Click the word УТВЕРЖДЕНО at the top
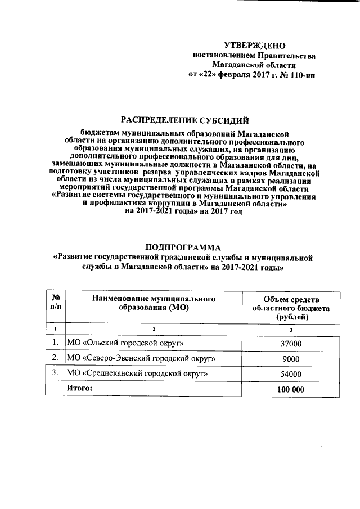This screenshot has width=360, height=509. [255, 45]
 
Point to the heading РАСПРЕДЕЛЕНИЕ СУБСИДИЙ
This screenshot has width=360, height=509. [185, 119]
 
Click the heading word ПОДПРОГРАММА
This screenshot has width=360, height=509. [183, 248]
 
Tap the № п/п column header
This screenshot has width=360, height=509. [56, 302]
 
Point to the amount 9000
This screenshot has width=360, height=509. [291, 359]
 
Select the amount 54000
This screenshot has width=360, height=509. [291, 374]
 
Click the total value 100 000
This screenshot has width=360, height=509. [291, 389]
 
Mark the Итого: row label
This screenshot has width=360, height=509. [79, 388]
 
